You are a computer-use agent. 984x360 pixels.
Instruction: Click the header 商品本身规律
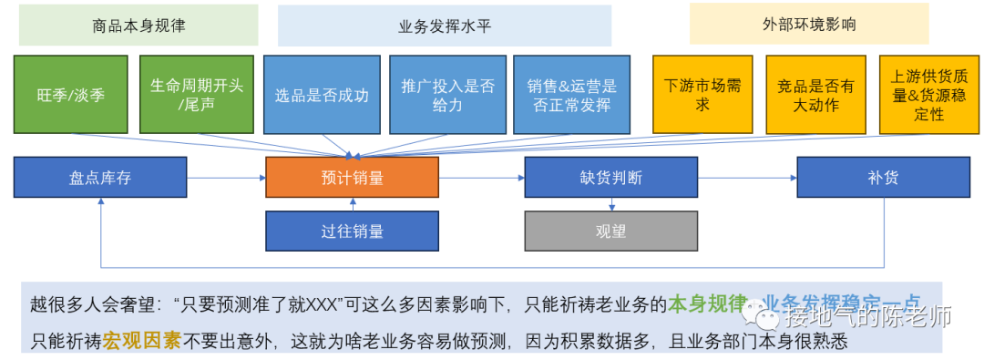[138, 26]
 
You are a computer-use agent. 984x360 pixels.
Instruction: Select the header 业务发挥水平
[445, 26]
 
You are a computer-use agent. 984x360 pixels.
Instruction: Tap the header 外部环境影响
[809, 24]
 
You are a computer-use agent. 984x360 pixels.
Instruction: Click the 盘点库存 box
[100, 178]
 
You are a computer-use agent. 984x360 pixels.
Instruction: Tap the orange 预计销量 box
[352, 178]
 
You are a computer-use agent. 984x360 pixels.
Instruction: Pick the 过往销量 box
[352, 231]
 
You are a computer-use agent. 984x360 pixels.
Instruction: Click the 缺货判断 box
[610, 178]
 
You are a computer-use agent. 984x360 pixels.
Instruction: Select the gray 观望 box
[610, 231]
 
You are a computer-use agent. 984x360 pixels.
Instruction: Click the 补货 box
[883, 178]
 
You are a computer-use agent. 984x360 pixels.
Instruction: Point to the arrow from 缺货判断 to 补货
[747, 178]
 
